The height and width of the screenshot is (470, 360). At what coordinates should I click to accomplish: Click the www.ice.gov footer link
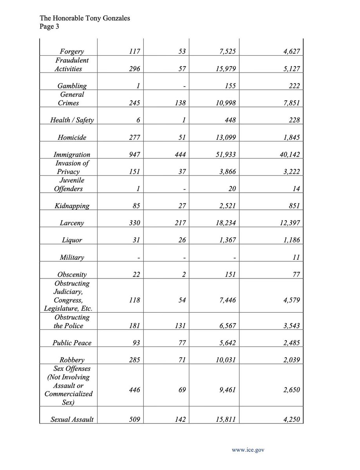(248, 450)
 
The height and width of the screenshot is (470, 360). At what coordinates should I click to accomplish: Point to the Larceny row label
(72, 223)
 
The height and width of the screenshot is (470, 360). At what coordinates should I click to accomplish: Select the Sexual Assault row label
(72, 419)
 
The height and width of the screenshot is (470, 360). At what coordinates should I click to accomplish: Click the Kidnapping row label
(72, 206)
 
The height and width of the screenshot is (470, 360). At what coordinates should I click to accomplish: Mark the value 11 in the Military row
(296, 257)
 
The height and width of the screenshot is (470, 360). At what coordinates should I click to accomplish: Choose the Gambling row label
(72, 86)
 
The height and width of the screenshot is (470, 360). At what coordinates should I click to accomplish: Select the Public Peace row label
(72, 343)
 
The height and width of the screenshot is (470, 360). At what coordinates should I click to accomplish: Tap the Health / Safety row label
(72, 120)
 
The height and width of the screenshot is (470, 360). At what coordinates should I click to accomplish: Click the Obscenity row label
(72, 274)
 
